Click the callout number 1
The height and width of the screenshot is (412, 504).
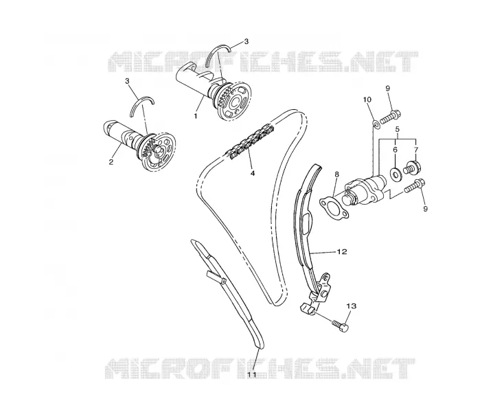tap(196, 115)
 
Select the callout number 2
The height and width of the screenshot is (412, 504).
tap(111, 162)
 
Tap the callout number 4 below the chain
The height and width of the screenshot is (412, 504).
tap(253, 173)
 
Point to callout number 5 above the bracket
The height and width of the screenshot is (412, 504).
tap(398, 129)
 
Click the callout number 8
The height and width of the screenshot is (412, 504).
tap(337, 174)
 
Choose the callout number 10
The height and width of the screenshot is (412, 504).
tap(367, 100)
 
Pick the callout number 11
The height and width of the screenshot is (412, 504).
tap(252, 375)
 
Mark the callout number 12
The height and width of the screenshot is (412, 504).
tap(342, 251)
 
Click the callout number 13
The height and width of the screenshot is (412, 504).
tap(352, 306)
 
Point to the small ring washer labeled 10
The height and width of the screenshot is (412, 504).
tap(376, 124)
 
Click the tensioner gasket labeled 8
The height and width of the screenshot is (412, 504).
tap(332, 209)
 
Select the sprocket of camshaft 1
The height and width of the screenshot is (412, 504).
tap(236, 100)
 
